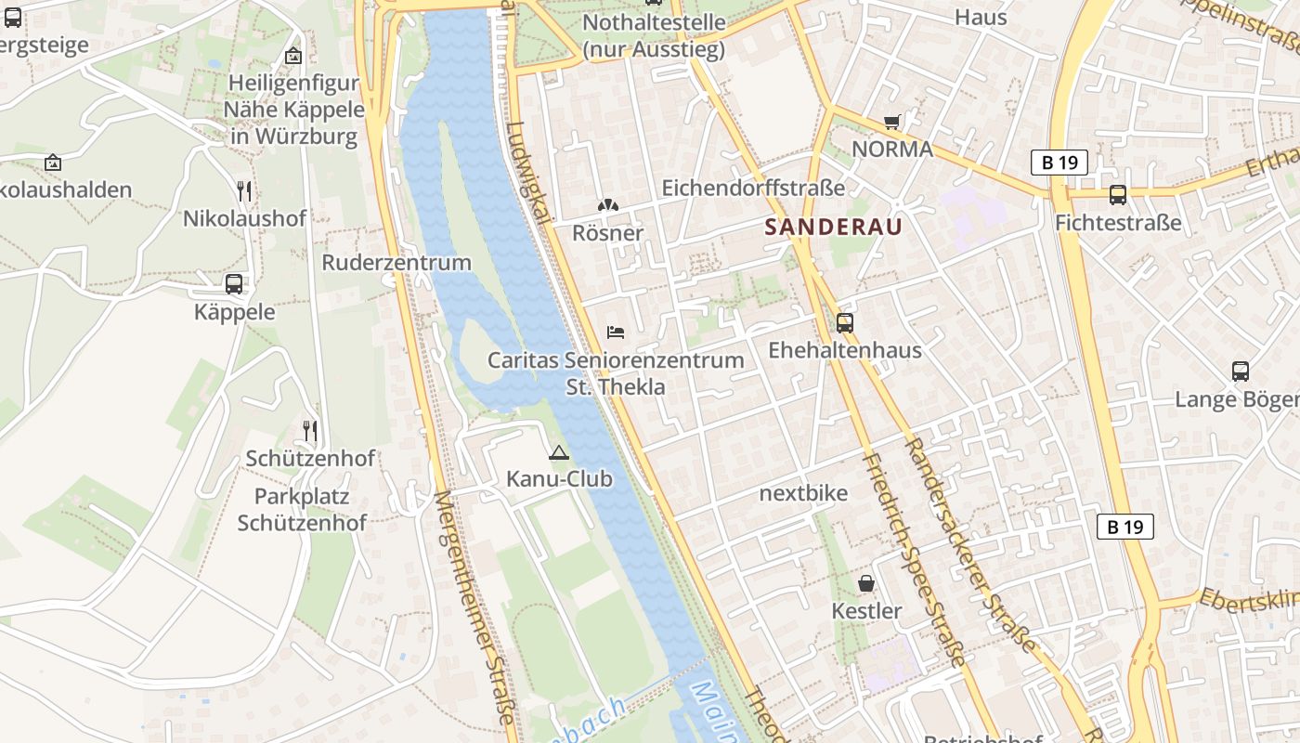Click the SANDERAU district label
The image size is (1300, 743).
[x=833, y=227]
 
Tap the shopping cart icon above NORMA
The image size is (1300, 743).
[x=892, y=122]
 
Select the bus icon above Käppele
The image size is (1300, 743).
[x=234, y=284]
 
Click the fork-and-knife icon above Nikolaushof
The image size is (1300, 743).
[x=244, y=191]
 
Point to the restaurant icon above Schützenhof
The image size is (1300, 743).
[x=310, y=431]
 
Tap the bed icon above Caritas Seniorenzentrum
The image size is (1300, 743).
[x=616, y=332]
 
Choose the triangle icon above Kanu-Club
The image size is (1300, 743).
[x=558, y=453]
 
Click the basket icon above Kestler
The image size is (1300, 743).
[x=866, y=583]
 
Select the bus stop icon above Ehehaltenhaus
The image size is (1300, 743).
[x=845, y=323]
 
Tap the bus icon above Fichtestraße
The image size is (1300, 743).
[x=1118, y=195]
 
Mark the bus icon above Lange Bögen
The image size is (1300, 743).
[x=1241, y=371]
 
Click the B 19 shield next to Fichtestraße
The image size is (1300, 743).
[x=1059, y=163]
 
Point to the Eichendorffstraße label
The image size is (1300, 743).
[x=753, y=188]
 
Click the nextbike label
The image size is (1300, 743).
[x=803, y=493]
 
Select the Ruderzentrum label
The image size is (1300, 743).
[x=396, y=263]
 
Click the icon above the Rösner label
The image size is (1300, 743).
[x=607, y=205]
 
